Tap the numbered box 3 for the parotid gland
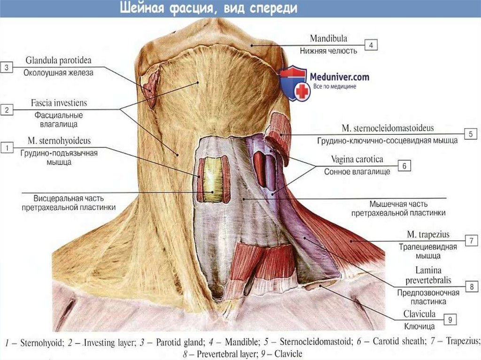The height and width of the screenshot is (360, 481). tap(7, 68)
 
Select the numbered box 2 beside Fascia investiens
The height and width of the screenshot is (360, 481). tap(7, 110)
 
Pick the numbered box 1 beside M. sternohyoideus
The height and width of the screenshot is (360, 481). tap(7, 148)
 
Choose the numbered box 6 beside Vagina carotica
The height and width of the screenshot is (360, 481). tap(404, 166)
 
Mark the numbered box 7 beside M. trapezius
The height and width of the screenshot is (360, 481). tap(470, 240)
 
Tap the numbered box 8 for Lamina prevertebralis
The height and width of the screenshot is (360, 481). tap(470, 286)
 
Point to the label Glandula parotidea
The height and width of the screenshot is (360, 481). tap(59, 61)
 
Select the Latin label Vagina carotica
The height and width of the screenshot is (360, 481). tap(354, 160)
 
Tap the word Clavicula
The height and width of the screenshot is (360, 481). tap(419, 314)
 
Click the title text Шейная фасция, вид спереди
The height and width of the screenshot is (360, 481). tap(207, 8)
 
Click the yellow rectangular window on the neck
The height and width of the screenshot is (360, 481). tap(212, 179)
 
